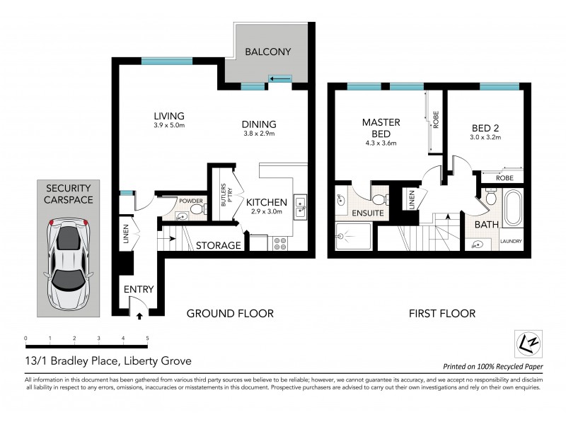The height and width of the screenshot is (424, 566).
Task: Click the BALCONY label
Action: click(267, 52)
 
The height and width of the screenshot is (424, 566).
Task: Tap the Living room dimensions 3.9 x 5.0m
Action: click(168, 126)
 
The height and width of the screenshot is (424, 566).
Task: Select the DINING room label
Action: click(258, 122)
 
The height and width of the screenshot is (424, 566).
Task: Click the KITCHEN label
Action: click(266, 201)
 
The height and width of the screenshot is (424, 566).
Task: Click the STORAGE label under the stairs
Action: click(219, 246)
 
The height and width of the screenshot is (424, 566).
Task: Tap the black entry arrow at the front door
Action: click(139, 317)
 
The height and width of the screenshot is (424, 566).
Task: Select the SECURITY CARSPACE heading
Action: click(68, 194)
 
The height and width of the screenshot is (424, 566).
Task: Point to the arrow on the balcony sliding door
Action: click(279, 78)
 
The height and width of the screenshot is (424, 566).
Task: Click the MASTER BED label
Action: click(381, 128)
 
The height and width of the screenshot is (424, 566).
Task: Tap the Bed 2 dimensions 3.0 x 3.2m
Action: click(486, 138)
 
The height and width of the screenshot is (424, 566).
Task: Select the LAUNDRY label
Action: click(511, 242)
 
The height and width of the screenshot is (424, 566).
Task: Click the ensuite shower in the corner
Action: click(351, 238)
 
